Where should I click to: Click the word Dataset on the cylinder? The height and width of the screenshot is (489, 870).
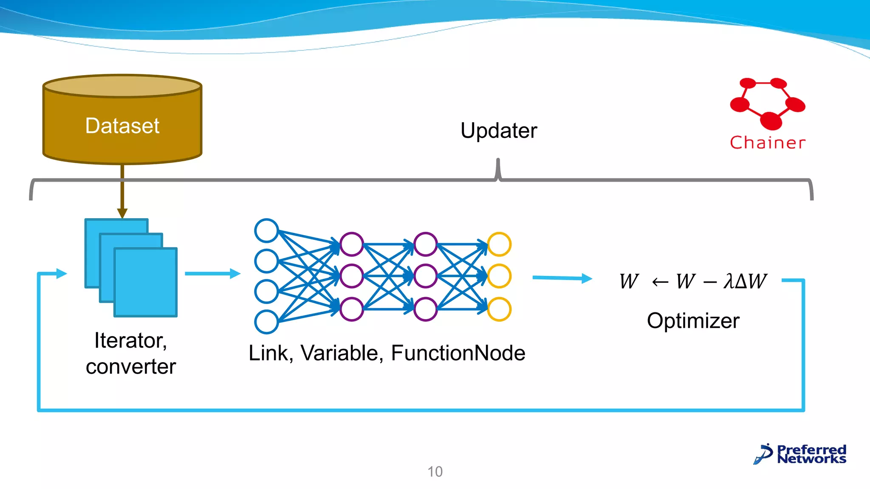tap(122, 126)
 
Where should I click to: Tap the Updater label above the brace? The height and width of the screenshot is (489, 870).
tap(499, 130)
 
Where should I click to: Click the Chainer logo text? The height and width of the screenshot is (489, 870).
tap(767, 143)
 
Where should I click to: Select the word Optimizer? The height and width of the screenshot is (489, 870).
tap(693, 320)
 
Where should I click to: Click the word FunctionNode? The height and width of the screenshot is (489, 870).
tap(458, 353)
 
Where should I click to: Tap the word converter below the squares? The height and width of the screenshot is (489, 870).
tap(130, 367)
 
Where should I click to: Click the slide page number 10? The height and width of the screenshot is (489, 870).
tap(435, 472)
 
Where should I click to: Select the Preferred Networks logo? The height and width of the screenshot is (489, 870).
tap(800, 454)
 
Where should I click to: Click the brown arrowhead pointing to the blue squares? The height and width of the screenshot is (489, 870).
tap(122, 213)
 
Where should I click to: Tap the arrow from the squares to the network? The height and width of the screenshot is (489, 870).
tap(212, 273)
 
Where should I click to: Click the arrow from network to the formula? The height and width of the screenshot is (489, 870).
tap(562, 278)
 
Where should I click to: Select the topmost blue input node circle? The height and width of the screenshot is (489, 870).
tap(266, 230)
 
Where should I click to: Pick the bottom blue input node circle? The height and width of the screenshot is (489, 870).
tap(266, 322)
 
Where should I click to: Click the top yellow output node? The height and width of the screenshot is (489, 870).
tap(499, 244)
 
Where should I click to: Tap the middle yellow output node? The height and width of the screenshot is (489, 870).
tap(499, 276)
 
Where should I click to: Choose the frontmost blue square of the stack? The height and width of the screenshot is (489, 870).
tap(146, 282)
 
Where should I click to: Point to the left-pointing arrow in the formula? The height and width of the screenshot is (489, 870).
tap(660, 281)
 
